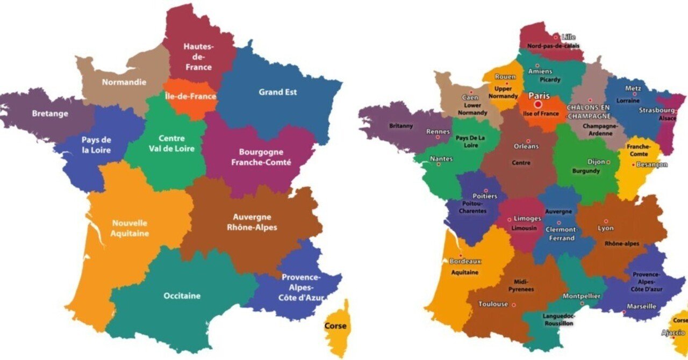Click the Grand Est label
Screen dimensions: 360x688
point(277,92)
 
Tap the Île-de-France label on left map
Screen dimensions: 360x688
point(190,97)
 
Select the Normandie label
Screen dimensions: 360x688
point(124,83)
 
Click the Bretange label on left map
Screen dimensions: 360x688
point(50,113)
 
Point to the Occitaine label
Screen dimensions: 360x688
point(182,296)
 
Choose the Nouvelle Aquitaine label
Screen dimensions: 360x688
point(130,228)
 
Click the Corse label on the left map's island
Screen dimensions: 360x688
point(335,326)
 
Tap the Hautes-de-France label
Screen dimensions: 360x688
point(198,57)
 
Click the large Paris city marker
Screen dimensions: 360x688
point(538,104)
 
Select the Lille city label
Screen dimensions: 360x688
point(568,37)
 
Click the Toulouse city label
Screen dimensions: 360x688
point(493,304)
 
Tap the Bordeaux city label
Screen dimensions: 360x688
point(465,261)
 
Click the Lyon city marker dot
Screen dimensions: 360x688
point(606,221)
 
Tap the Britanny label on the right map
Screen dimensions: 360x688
point(401,126)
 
